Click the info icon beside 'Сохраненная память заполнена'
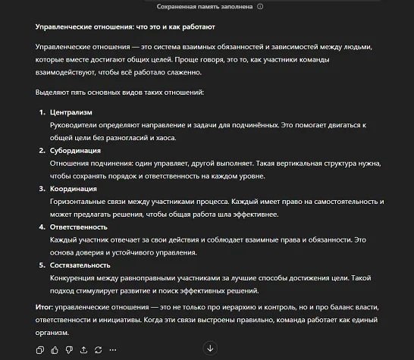coord(260,6)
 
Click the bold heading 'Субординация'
coord(75,151)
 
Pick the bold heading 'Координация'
coord(73,189)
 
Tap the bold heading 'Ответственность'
coord(79,227)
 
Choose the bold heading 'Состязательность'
coord(80,265)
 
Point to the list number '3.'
coord(42,189)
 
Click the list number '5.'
coord(42,265)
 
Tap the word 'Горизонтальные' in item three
coord(77,202)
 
